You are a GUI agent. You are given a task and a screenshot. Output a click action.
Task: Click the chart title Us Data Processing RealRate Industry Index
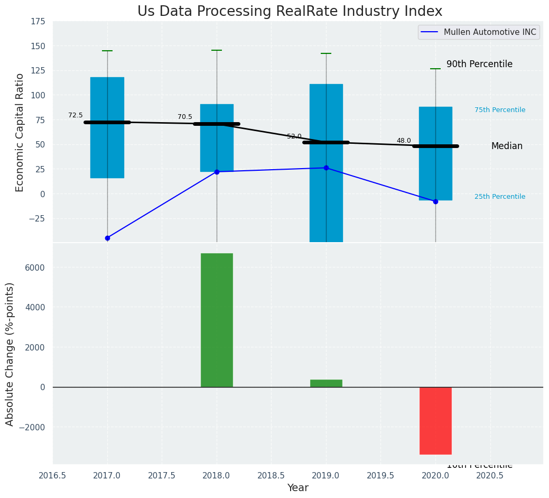point(290,12)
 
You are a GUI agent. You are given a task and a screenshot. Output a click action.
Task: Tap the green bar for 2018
point(217,320)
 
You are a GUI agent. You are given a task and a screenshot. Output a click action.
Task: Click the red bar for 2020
point(435,420)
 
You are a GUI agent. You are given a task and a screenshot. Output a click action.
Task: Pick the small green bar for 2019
point(326,383)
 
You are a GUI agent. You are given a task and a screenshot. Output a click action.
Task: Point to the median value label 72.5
point(76,115)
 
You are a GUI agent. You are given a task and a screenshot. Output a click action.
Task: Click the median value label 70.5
point(185,117)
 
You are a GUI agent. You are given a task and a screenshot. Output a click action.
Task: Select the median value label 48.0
point(404,141)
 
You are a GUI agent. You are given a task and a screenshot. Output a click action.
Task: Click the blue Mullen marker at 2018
point(217,172)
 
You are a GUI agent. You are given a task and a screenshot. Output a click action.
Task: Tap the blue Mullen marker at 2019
point(326,168)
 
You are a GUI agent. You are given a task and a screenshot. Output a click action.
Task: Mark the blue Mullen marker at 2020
point(435,201)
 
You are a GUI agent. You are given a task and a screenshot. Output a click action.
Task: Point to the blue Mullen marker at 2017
point(107,238)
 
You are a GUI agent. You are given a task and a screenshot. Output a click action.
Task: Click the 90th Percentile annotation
point(479,64)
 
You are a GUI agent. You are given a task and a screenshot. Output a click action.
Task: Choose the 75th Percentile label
point(500,110)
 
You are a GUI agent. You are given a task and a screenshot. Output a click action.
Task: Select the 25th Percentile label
point(500,197)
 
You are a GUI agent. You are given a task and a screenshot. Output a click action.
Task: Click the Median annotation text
point(507,146)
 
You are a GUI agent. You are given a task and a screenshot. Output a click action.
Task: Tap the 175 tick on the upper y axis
point(37,22)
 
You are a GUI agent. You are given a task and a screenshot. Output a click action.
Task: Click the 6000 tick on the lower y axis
point(35,268)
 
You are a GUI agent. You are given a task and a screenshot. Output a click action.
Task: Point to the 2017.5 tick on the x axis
point(162,475)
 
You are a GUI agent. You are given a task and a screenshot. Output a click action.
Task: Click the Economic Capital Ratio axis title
point(20,132)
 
